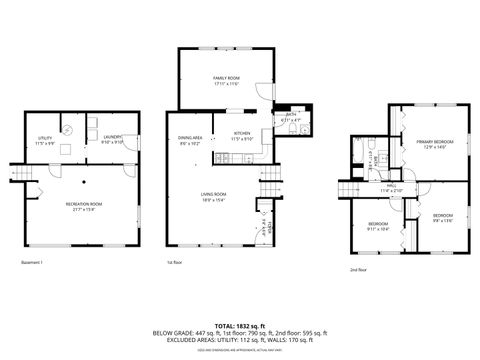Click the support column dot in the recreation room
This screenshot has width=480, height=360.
click(85, 182)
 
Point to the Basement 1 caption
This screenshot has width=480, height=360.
click(32, 263)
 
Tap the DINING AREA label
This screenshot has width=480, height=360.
click(190, 139)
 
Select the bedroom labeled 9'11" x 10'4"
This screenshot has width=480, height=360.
click(377, 226)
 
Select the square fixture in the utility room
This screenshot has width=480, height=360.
click(66, 148)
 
